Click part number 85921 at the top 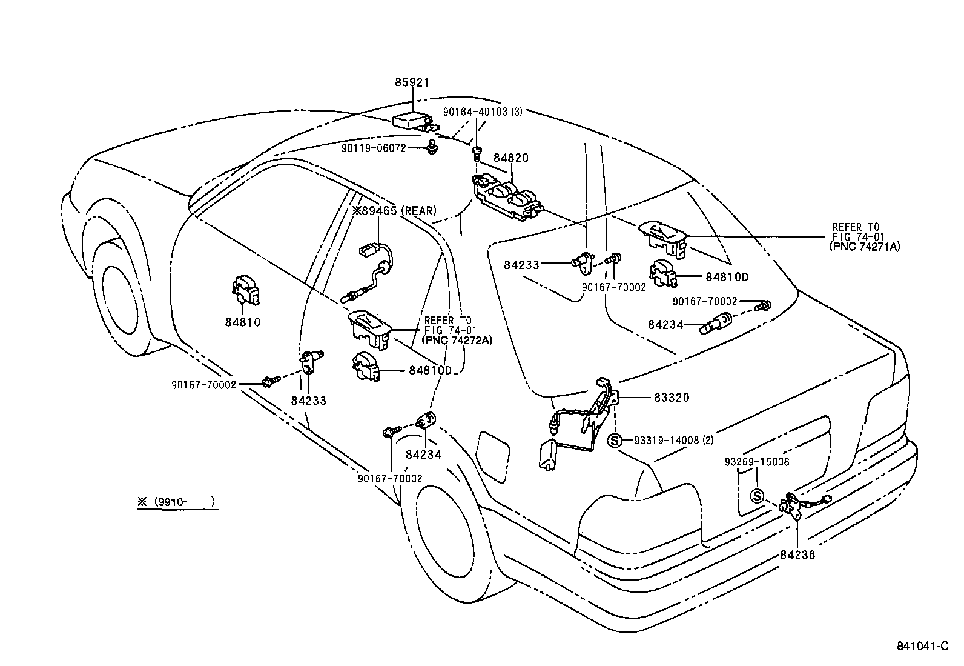click(412, 82)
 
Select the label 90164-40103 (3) click(483, 112)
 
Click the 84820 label click(510, 158)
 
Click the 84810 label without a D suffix click(242, 322)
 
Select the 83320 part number click(672, 398)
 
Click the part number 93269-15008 click(757, 462)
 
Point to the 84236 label click(797, 554)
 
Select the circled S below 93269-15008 click(757, 496)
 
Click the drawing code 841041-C click(922, 646)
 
